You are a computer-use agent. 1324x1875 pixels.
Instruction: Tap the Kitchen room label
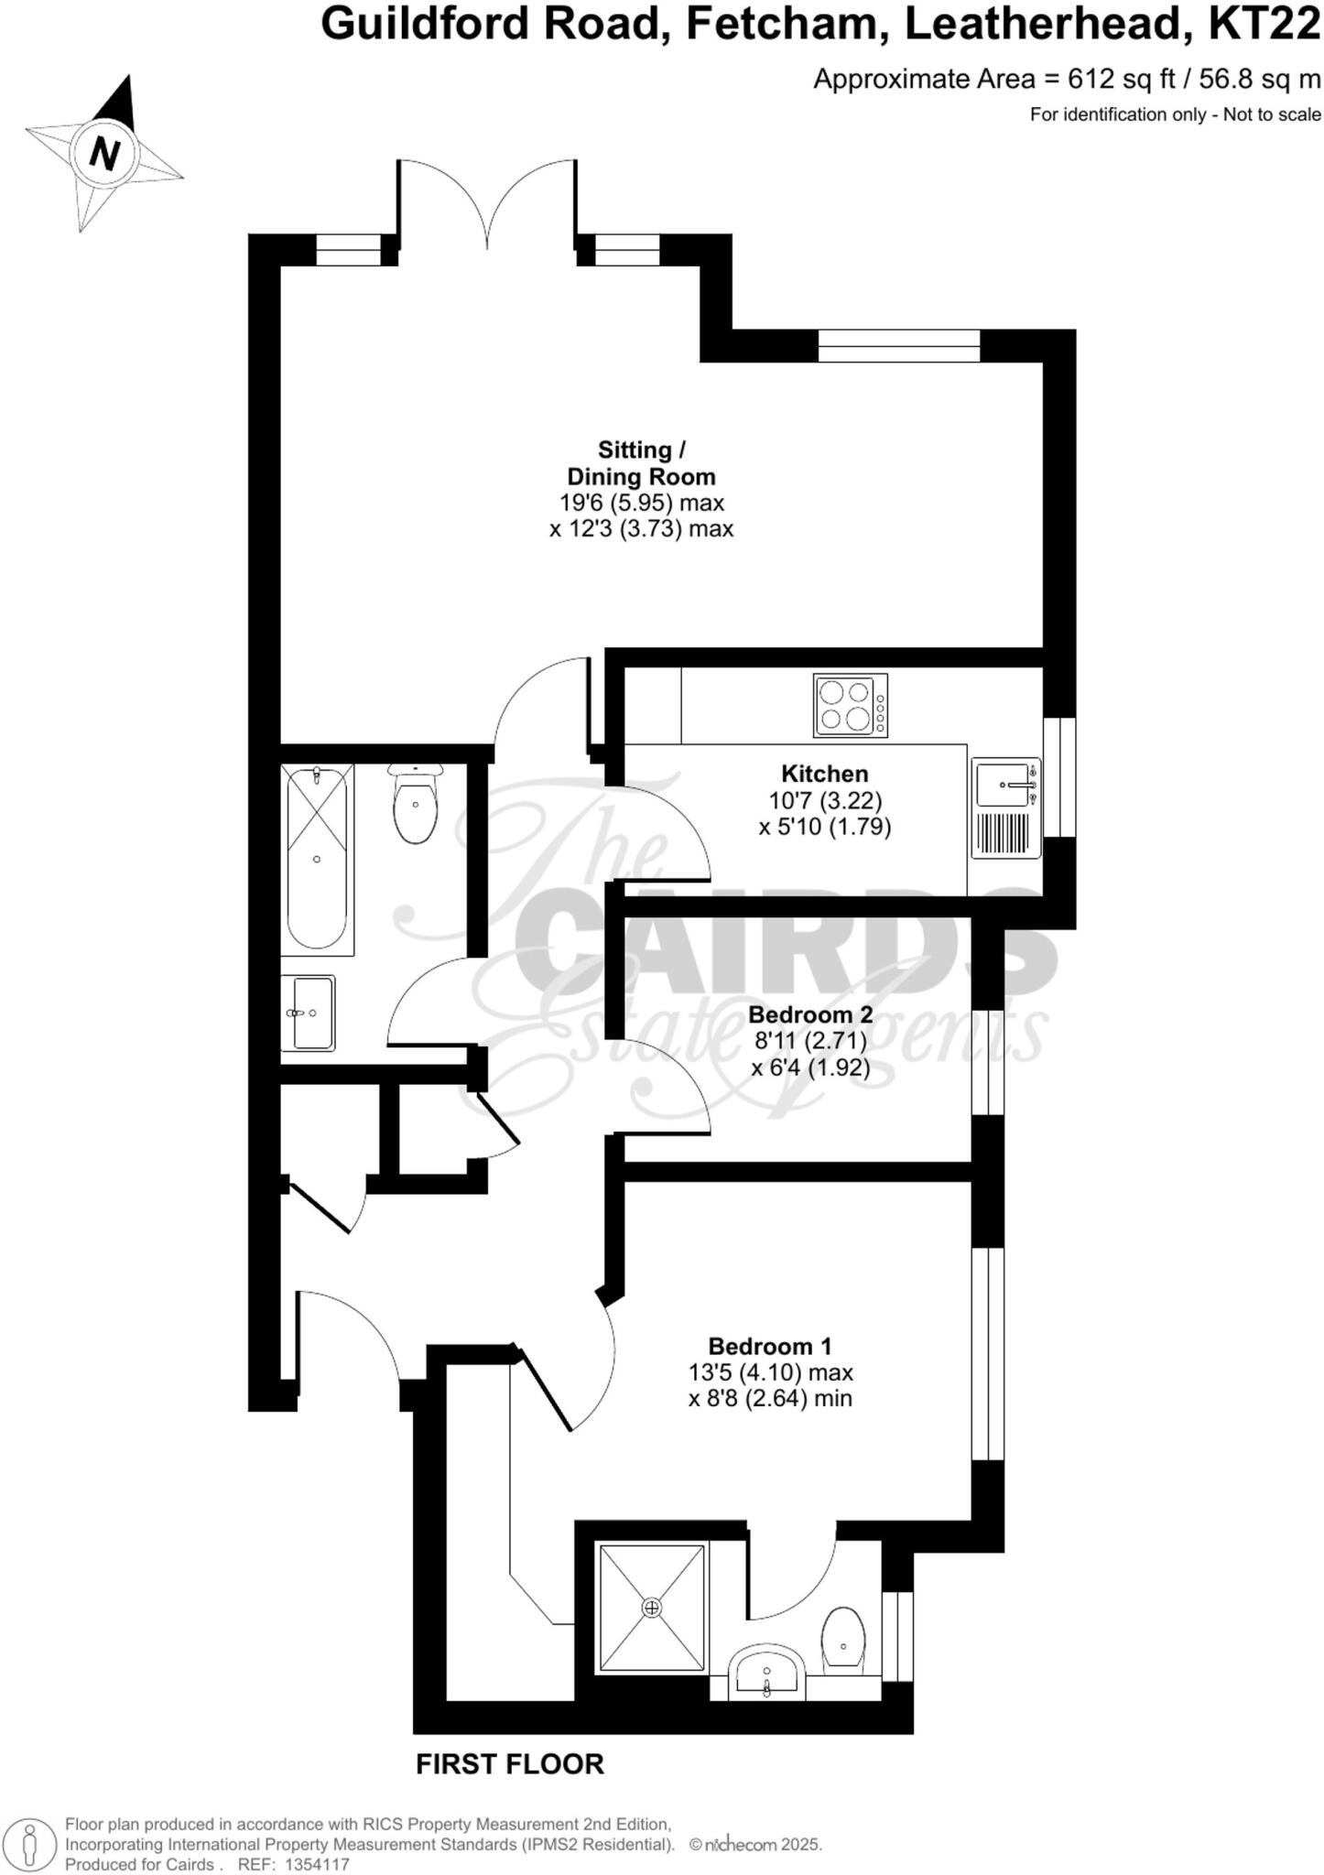coord(824,773)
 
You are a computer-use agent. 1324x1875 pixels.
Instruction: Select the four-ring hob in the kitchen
coord(850,705)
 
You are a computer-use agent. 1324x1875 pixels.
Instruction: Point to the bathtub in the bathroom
coord(317,859)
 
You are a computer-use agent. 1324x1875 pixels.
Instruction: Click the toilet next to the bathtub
coord(415,803)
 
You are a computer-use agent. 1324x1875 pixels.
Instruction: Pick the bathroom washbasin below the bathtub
coord(311,1013)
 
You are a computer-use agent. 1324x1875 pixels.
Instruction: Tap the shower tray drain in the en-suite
coord(652,1607)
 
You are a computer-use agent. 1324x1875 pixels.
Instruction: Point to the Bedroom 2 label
coord(810,1014)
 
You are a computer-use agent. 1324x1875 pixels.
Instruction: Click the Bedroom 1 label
coord(770,1346)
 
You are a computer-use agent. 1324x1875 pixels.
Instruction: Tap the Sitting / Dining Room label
coord(641,463)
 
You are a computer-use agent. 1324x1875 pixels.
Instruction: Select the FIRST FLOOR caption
coord(510,1763)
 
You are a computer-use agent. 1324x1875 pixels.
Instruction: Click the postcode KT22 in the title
coord(1264,24)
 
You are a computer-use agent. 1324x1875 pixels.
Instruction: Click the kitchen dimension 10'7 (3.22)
coord(825,800)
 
